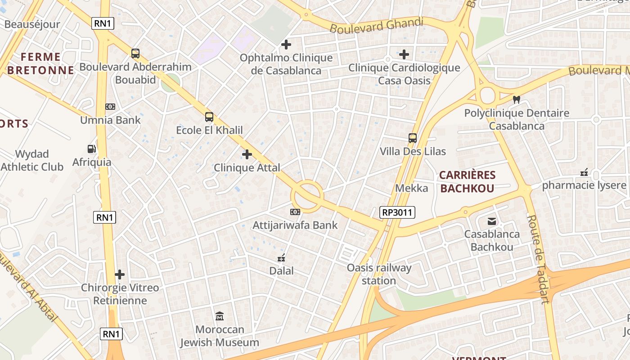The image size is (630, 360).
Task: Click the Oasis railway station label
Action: pyautogui.click(x=379, y=274)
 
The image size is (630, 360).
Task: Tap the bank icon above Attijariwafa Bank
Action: pyautogui.click(x=295, y=211)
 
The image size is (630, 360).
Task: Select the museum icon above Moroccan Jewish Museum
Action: pyautogui.click(x=220, y=316)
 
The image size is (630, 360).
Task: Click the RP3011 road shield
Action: pyautogui.click(x=397, y=212)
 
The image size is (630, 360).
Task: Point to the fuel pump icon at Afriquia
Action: pyautogui.click(x=92, y=148)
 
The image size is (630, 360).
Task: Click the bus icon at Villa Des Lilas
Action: pyautogui.click(x=413, y=138)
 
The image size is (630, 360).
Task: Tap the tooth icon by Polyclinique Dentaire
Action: pyautogui.click(x=517, y=99)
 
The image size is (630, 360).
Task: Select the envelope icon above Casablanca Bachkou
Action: pyautogui.click(x=492, y=221)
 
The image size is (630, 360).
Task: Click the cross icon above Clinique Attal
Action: pyautogui.click(x=247, y=154)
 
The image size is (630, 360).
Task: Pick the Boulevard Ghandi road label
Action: pyautogui.click(x=377, y=25)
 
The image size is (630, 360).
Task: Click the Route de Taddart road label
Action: pyautogui.click(x=539, y=258)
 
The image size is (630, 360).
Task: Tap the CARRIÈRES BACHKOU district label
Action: pyautogui.click(x=467, y=182)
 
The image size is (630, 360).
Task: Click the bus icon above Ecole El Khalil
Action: pyautogui.click(x=209, y=117)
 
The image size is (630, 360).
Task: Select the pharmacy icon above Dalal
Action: pyautogui.click(x=282, y=258)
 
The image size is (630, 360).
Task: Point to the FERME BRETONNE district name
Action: pyautogui.click(x=40, y=63)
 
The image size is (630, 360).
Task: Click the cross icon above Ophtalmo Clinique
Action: pyautogui.click(x=286, y=45)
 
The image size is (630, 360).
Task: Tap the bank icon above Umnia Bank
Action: pyautogui.click(x=110, y=107)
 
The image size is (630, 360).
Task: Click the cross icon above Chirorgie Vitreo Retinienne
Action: pyautogui.click(x=120, y=274)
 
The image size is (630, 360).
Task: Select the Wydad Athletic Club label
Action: pyautogui.click(x=32, y=160)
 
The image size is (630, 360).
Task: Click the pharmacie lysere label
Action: pyautogui.click(x=584, y=185)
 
